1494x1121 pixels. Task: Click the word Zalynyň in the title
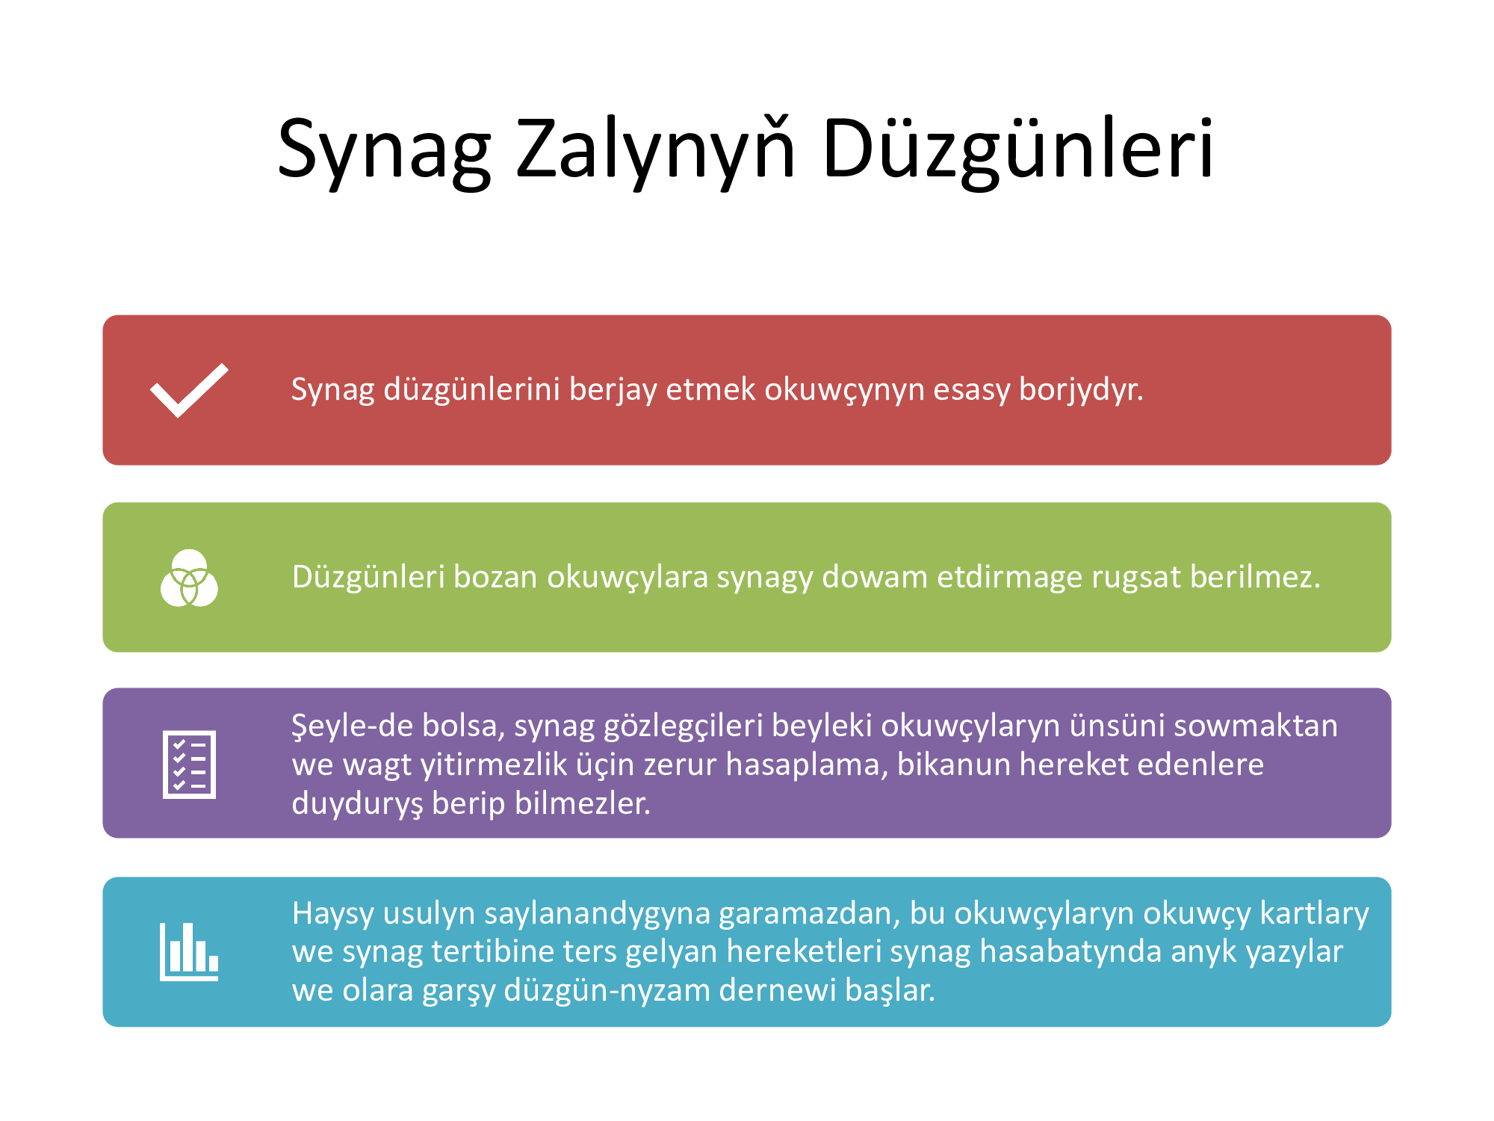(x=656, y=149)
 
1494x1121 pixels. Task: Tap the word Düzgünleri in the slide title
(x=1018, y=149)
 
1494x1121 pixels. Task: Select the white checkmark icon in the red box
(x=189, y=390)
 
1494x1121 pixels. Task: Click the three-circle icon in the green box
(x=189, y=578)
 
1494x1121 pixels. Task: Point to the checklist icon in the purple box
(x=189, y=764)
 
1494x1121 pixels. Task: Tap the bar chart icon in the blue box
(x=189, y=951)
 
